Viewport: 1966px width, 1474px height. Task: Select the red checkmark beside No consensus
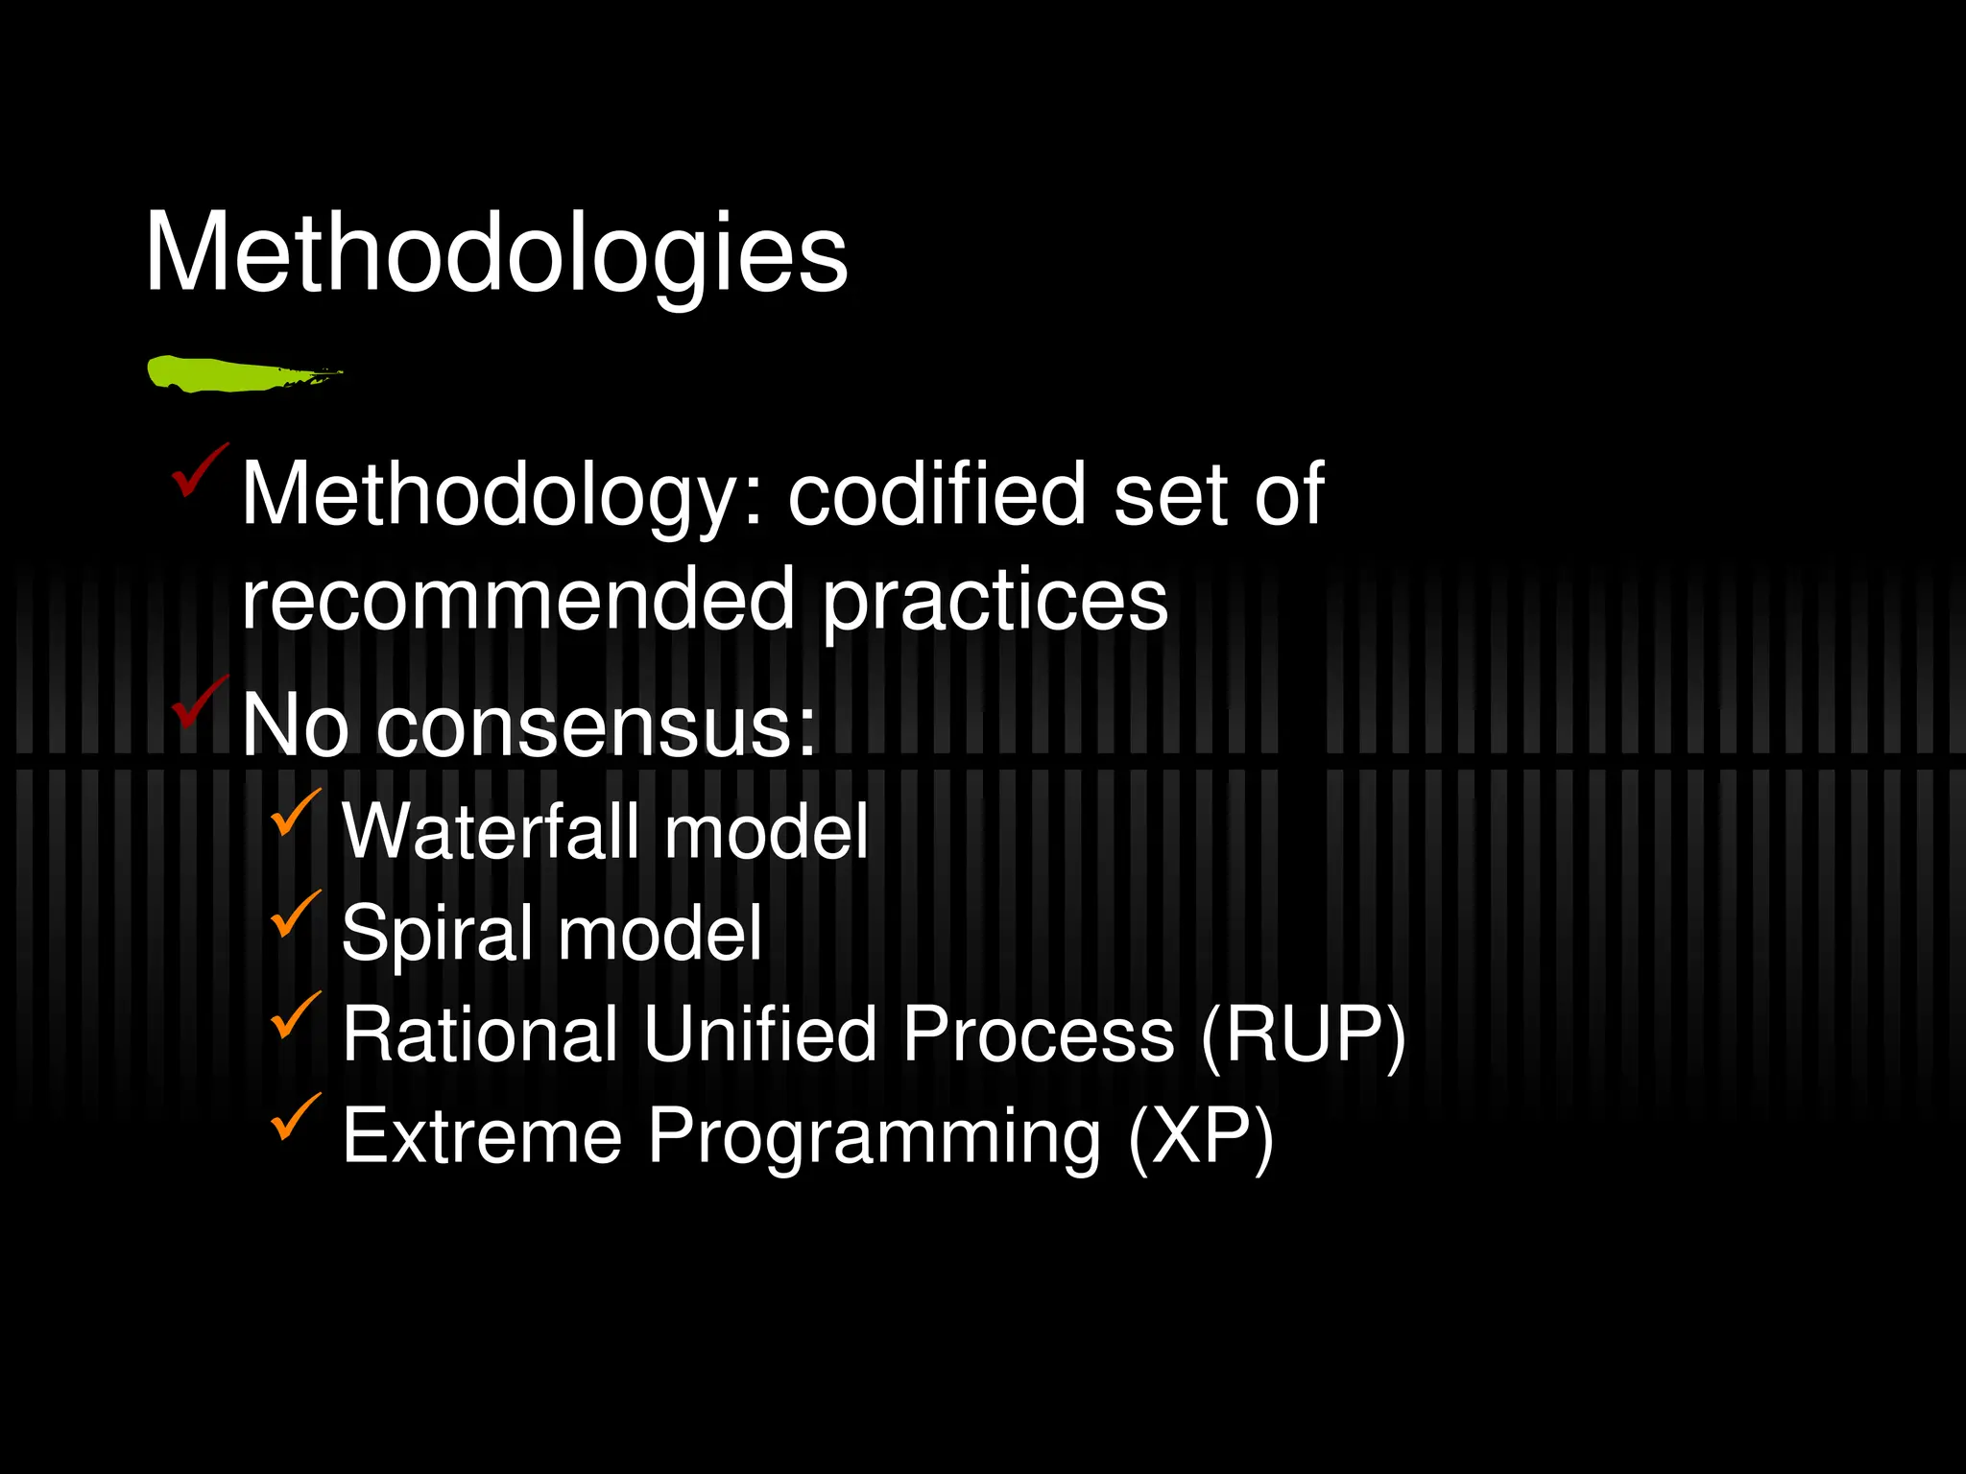[198, 703]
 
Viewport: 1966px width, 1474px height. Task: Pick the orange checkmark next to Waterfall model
[294, 814]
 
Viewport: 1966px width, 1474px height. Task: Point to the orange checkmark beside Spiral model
[294, 915]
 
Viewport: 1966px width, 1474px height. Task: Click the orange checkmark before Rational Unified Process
[294, 1016]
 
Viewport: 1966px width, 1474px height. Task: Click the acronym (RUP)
[1303, 1035]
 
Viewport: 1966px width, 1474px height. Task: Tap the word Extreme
[483, 1136]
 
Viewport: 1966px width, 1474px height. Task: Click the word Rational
[480, 1034]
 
